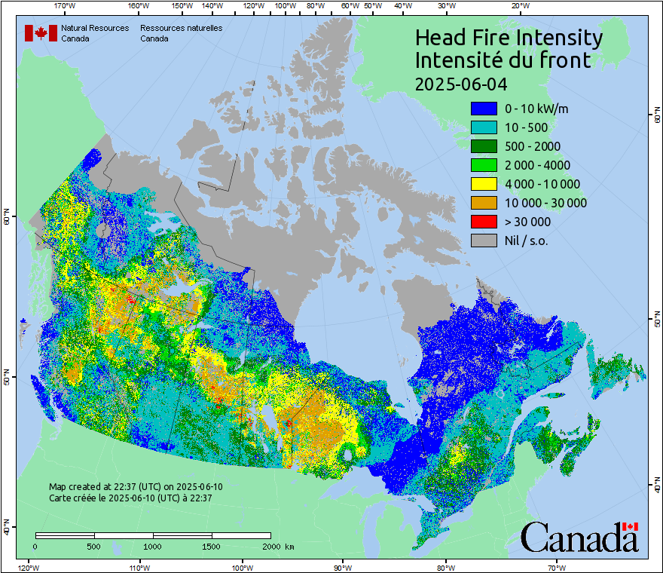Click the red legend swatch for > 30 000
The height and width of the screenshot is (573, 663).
pos(484,222)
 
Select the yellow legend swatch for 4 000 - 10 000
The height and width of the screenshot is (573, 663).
pos(484,184)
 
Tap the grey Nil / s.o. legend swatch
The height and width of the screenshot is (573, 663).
pos(484,241)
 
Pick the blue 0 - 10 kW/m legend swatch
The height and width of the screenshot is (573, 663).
pos(484,109)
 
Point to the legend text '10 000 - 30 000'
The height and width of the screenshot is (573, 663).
pos(545,203)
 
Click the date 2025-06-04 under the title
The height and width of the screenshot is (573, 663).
pos(461,83)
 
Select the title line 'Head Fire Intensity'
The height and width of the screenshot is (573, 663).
pos(509,38)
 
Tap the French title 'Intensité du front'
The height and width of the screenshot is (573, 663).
pos(503,60)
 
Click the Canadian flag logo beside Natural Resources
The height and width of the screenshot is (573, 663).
pos(41,33)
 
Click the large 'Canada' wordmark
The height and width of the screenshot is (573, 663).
pos(579,538)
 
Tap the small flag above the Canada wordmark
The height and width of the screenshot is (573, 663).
pos(630,526)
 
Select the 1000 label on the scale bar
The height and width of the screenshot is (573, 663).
pos(153,546)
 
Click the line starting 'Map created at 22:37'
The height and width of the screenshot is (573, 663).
pos(136,487)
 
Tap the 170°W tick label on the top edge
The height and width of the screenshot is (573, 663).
pos(66,5)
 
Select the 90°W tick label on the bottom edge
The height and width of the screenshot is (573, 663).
pos(343,567)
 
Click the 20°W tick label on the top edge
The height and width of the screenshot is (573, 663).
pos(518,5)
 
